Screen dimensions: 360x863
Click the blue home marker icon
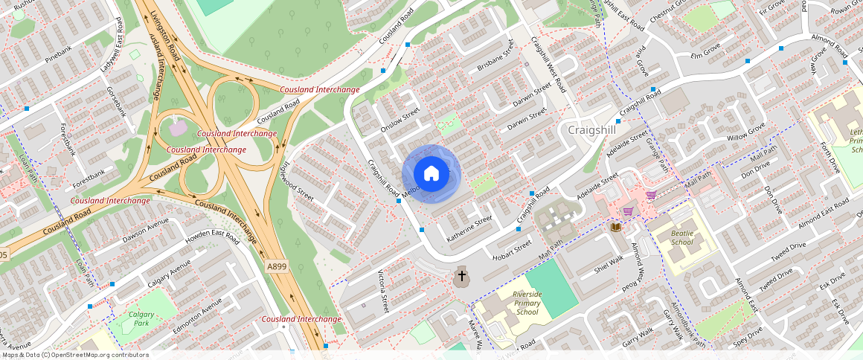click(x=431, y=174)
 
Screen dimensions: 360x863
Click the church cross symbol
click(x=462, y=277)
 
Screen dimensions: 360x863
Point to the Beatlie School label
click(x=681, y=237)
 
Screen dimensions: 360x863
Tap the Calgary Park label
click(x=141, y=318)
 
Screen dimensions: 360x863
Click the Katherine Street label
click(x=469, y=229)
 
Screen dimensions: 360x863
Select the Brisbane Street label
click(x=496, y=59)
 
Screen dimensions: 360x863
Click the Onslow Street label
click(x=401, y=122)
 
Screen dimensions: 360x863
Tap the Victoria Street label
click(x=384, y=292)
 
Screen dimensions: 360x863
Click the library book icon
click(x=616, y=226)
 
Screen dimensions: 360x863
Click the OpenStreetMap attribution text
click(x=74, y=355)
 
